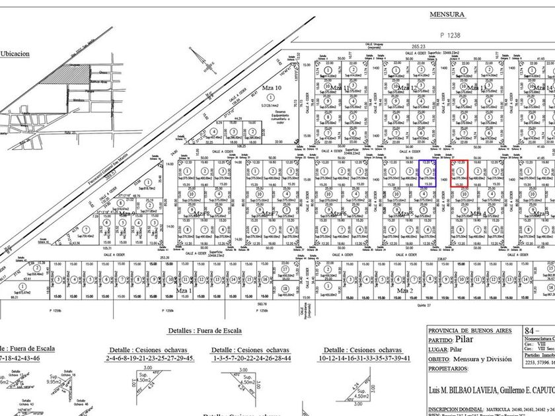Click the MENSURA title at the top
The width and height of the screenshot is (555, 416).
tap(447, 14)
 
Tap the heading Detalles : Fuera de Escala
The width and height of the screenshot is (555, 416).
tap(204, 330)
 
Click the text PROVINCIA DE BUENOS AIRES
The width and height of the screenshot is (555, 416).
tap(470, 331)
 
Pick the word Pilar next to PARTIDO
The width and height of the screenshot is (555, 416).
tap(473, 340)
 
